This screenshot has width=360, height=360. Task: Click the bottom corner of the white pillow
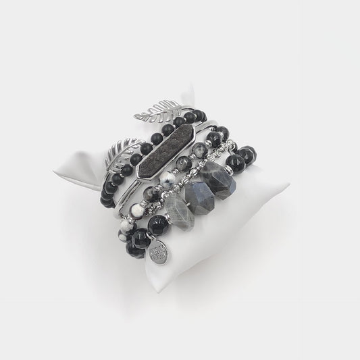pyautogui.click(x=157, y=290)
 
